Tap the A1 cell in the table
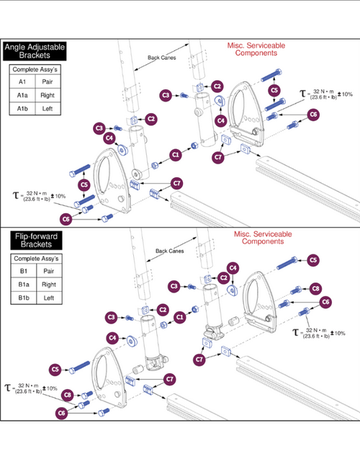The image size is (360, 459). [x=22, y=82]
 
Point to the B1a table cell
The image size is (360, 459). [x=23, y=285]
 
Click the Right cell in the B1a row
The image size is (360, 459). [x=49, y=285]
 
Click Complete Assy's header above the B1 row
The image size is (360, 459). [x=36, y=259]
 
